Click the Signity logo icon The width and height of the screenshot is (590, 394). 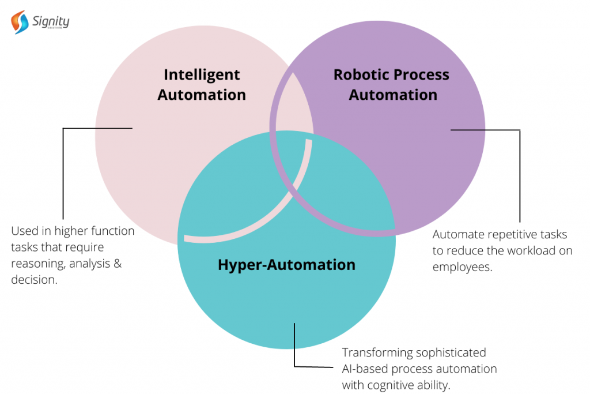20,22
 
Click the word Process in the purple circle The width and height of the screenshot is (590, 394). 420,74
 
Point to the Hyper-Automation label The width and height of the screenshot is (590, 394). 286,265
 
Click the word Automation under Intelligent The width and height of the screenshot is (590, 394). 202,95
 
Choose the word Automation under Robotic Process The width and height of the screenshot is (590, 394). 393,95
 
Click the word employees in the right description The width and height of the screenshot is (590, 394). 462,267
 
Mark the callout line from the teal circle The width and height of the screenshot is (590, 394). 294,346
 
